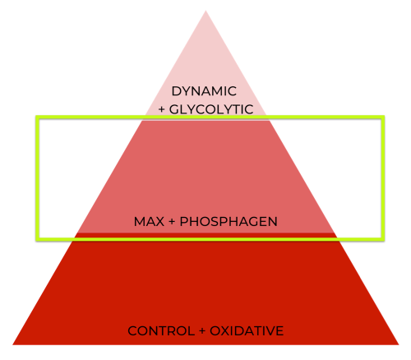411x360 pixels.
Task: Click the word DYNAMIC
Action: [x=204, y=91]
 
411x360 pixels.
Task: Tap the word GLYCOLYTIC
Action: [x=211, y=109]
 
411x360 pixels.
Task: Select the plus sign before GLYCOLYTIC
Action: [x=162, y=110]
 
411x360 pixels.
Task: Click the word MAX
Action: [x=149, y=222]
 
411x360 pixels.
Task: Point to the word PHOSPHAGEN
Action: [x=229, y=222]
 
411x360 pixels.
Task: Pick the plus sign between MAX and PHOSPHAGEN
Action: [x=172, y=222]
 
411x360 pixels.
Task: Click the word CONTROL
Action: [x=161, y=331]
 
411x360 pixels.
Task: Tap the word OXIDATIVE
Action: [x=247, y=331]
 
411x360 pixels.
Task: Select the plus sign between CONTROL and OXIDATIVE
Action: [x=202, y=331]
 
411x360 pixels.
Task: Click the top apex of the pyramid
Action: [x=205, y=11]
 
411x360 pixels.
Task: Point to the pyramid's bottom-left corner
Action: [x=12, y=344]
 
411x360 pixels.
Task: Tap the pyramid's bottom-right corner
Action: [x=399, y=344]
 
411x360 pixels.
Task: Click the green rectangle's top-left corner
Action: [x=38, y=118]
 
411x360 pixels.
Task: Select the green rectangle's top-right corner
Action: [x=383, y=118]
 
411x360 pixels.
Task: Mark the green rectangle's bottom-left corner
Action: [x=38, y=239]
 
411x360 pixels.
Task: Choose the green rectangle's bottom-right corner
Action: [x=383, y=239]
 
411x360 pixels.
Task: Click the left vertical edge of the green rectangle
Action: [x=38, y=178]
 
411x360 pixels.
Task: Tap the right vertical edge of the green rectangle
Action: [x=383, y=178]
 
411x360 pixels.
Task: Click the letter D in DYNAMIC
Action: [x=176, y=91]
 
